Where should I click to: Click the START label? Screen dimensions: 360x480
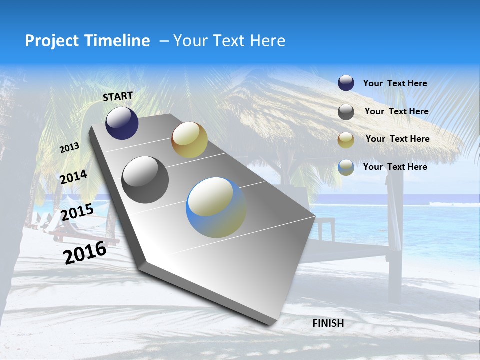tap(118, 96)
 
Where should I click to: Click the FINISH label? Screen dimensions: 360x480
tap(328, 323)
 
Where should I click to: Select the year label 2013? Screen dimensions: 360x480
tap(70, 148)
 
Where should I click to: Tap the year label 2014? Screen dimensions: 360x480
tap(74, 177)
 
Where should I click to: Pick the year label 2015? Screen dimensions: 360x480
tap(77, 212)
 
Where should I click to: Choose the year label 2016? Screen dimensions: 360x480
tap(85, 253)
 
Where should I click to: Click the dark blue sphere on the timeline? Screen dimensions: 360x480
tap(122, 123)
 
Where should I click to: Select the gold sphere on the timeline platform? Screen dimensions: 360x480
tap(189, 140)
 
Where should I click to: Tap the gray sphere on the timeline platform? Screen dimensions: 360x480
tap(145, 179)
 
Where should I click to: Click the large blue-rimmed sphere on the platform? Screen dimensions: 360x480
tap(216, 207)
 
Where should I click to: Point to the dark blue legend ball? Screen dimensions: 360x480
tap(346, 83)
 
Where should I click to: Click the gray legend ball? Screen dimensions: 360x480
tap(346, 112)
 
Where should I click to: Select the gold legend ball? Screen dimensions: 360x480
tap(346, 140)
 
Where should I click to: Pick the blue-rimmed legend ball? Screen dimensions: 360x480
tap(346, 167)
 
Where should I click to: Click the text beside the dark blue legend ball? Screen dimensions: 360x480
tap(395, 83)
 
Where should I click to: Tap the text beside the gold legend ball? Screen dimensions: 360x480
tap(397, 139)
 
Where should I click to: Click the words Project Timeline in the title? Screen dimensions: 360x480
tap(87, 41)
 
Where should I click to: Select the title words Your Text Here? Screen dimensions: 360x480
tap(229, 41)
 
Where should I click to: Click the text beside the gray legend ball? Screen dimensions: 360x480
tap(396, 111)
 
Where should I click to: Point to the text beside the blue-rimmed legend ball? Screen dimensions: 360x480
tap(395, 167)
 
